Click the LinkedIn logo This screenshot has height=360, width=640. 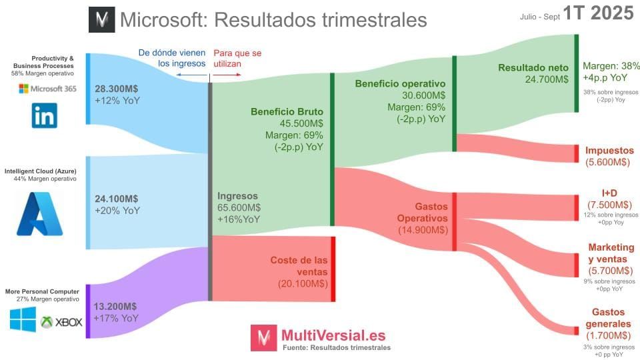45,115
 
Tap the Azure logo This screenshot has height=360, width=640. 39,213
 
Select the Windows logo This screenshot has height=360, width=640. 23,319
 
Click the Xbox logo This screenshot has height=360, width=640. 61,322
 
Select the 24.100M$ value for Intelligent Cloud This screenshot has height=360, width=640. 117,199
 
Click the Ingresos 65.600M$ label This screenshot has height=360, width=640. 239,207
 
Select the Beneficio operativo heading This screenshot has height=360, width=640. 400,84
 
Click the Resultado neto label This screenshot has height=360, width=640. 533,67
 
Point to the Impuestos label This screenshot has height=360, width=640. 609,151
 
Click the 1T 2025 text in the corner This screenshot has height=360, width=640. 598,13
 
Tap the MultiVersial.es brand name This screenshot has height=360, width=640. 333,335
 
